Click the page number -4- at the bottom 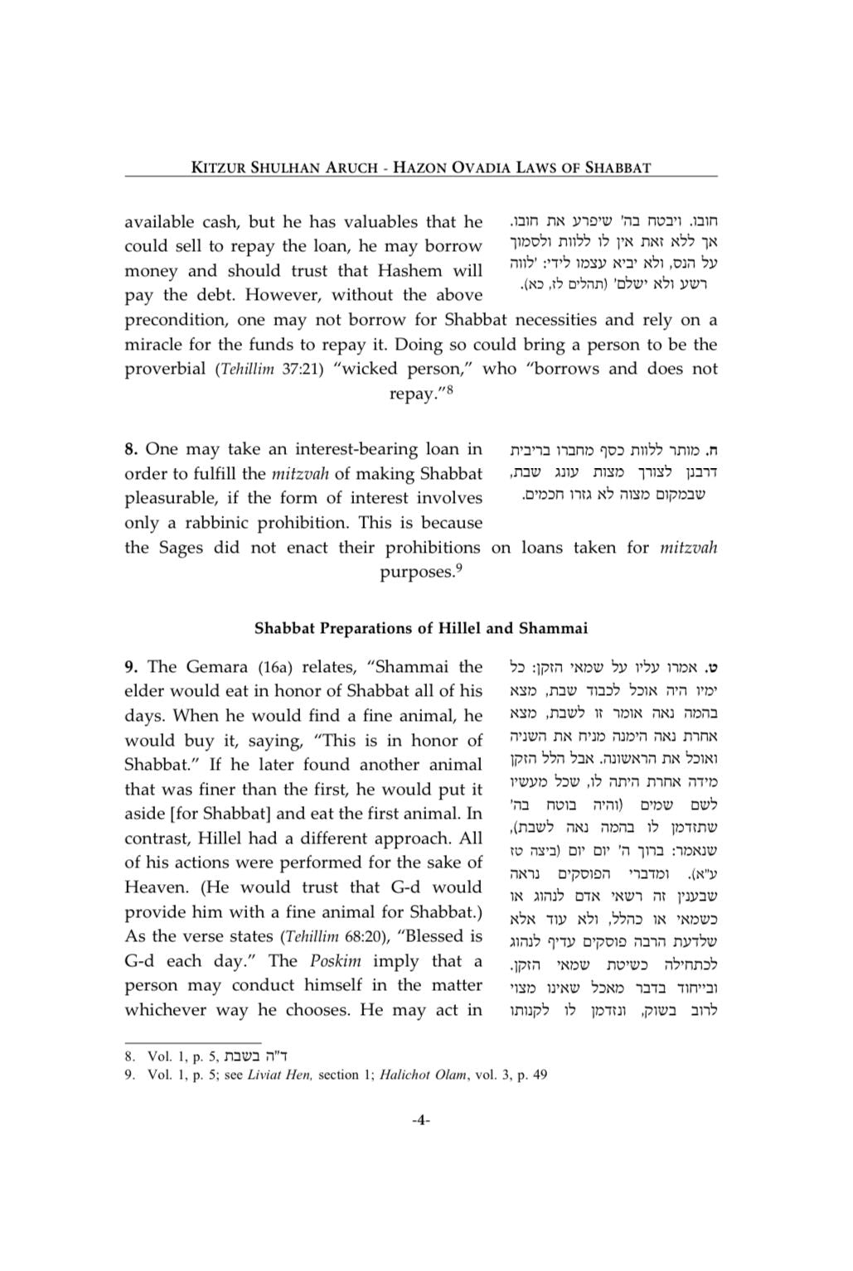point(420,1121)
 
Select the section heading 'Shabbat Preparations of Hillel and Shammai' point(421,628)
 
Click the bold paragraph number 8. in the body point(131,449)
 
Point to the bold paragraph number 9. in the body point(131,667)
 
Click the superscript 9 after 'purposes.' point(458,568)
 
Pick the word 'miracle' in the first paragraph point(153,345)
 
